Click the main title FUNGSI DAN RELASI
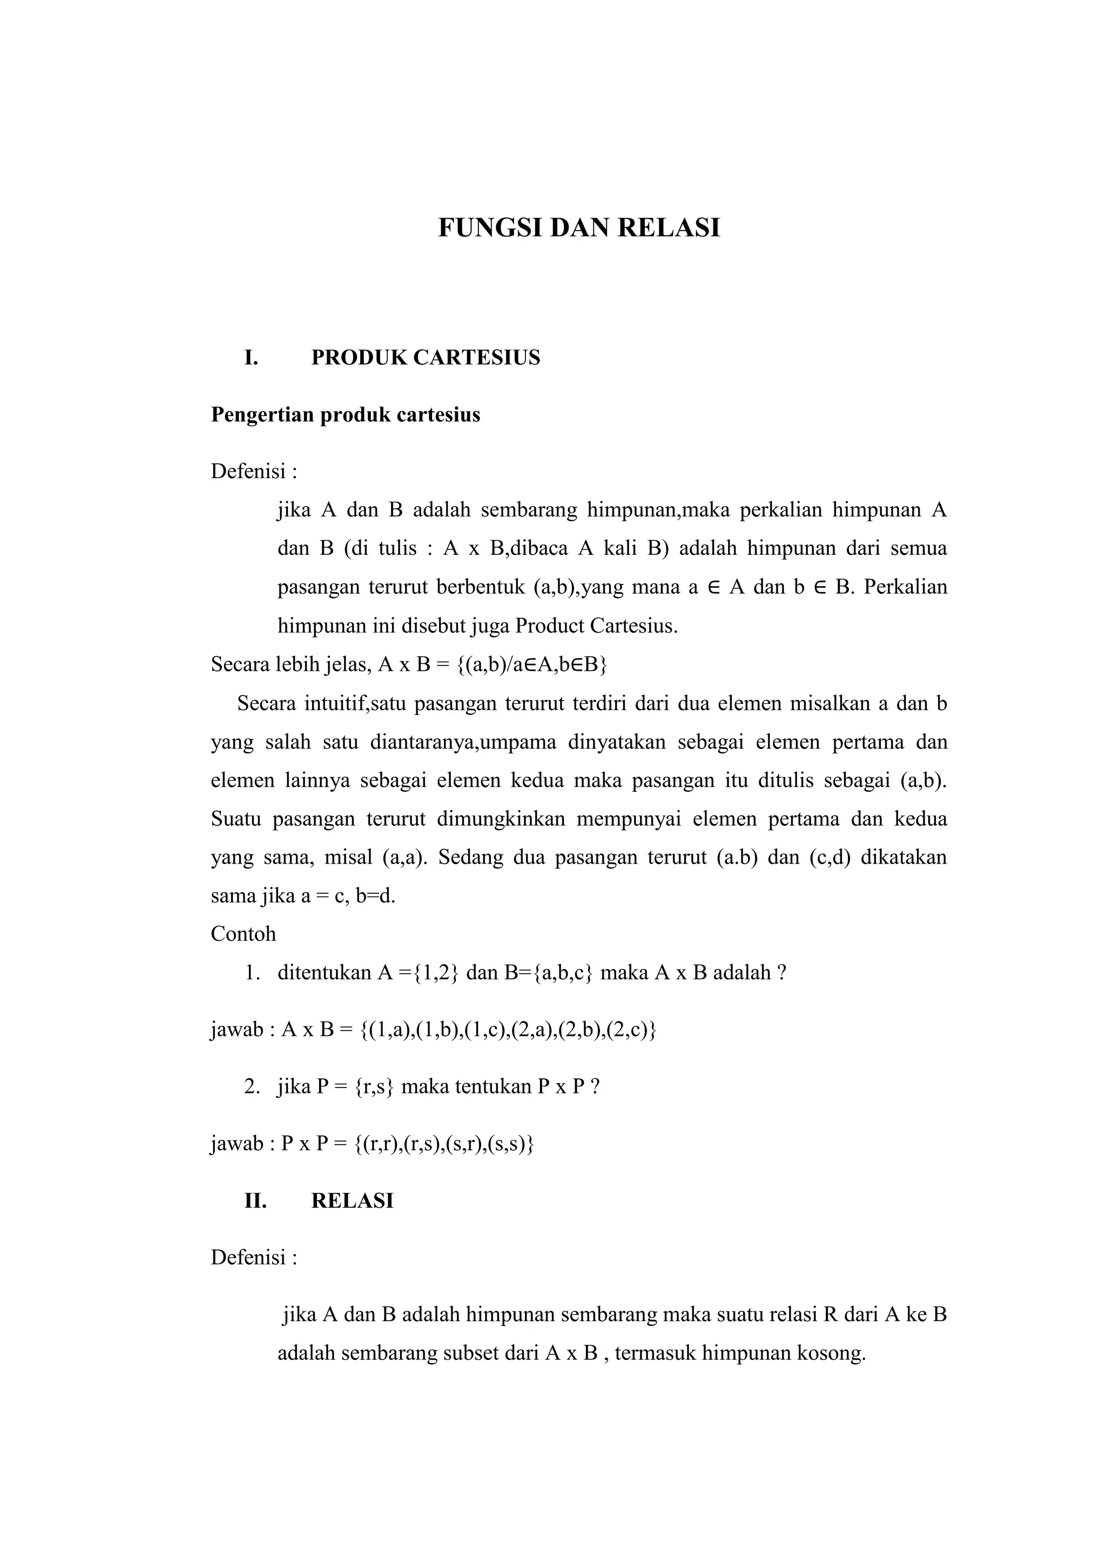pos(578,228)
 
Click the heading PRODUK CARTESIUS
pos(426,357)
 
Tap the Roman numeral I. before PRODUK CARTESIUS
pos(251,357)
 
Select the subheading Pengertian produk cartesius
pos(345,414)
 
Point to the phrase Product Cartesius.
pos(596,626)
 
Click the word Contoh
pos(243,934)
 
